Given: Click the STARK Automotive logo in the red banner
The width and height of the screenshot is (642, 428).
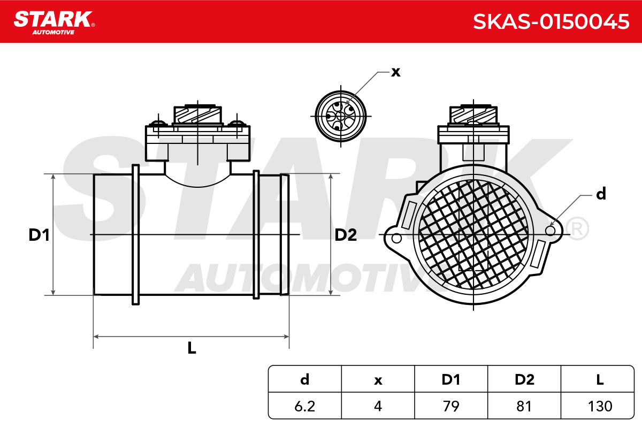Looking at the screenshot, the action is pyautogui.click(x=54, y=22).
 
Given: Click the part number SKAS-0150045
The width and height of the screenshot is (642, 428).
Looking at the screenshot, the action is pyautogui.click(x=551, y=22).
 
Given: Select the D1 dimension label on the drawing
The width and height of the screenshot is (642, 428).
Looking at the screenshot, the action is pyautogui.click(x=39, y=235).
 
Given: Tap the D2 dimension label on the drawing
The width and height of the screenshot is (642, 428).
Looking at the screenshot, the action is pyautogui.click(x=346, y=235).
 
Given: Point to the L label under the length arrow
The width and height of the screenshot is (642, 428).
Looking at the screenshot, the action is pyautogui.click(x=192, y=348).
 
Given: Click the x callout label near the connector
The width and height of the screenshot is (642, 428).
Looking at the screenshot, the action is pyautogui.click(x=396, y=72).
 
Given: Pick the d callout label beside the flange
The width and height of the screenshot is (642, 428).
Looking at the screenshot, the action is pyautogui.click(x=601, y=194).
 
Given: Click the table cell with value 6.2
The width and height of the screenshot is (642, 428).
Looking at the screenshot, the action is pyautogui.click(x=304, y=406).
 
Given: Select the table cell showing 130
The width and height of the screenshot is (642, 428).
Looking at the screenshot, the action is pyautogui.click(x=600, y=406).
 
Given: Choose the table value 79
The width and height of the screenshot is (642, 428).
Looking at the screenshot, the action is pyautogui.click(x=451, y=406).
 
